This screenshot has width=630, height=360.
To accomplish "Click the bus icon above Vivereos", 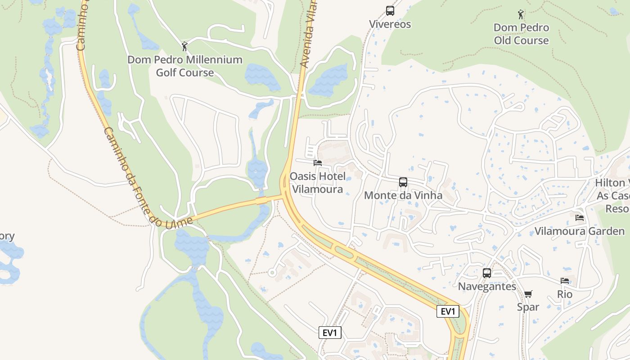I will point(390,11).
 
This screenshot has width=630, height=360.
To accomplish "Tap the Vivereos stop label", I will point(390,24).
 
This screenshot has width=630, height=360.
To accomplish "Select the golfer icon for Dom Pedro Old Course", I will point(521,14).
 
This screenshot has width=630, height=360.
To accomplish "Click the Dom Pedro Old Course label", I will point(522,34).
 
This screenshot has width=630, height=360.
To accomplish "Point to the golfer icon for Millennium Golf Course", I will point(184,46).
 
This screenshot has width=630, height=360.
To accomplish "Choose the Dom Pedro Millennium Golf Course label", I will point(185,66).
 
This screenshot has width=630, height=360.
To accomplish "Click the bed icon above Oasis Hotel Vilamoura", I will point(318,163).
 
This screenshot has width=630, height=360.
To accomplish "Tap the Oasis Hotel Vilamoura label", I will point(318,183).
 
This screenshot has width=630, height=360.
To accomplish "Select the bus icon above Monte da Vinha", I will point(403,182).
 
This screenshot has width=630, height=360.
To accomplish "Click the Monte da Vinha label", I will point(403,196).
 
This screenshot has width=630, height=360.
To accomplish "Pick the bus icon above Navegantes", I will point(487,273).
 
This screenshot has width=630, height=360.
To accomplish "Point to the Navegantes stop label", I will point(487,287).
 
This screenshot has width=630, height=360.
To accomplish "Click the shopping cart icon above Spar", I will point(528,294).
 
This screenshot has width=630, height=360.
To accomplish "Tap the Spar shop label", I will point(528,307).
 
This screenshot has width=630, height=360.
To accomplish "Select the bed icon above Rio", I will point(565,281).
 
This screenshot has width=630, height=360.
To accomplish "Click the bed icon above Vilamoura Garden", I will point(580,218).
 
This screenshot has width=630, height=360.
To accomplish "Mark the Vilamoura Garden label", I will point(580,231).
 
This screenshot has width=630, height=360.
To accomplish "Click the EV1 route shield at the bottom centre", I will point(330,333).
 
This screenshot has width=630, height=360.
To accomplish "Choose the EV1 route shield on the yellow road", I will point(448,311).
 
